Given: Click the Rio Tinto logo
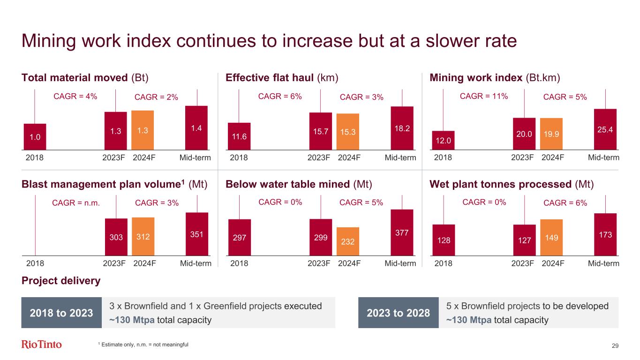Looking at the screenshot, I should (42, 345).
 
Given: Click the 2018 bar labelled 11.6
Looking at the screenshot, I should (239, 135).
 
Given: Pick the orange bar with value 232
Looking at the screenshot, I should (348, 241).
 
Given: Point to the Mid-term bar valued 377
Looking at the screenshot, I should (402, 232).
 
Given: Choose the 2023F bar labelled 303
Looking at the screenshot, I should (116, 237).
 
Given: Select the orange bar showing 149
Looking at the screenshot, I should (551, 237).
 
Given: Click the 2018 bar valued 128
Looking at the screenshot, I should (444, 240).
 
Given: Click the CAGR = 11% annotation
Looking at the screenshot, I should (484, 97).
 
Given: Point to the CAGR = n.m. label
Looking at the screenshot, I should (76, 203).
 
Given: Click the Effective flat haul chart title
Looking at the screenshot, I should (282, 77).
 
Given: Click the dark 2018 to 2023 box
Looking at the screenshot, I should (61, 313).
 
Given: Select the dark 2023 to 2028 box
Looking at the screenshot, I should (398, 313).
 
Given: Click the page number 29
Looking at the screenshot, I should (615, 345).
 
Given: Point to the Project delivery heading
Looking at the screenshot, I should (61, 281).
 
